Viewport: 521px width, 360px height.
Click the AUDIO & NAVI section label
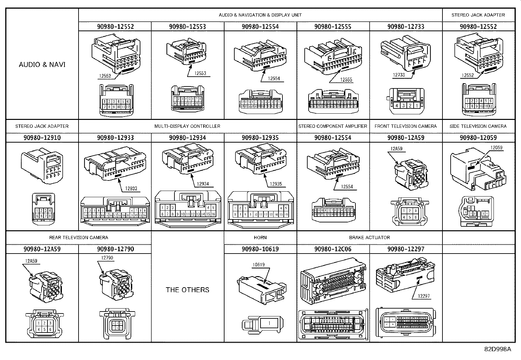[42, 65]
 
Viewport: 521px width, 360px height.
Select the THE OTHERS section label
[187, 290]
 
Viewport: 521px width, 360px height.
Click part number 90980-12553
[188, 27]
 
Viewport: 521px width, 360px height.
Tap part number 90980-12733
[405, 27]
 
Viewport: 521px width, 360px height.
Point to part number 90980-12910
[42, 138]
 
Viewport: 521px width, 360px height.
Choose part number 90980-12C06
[333, 249]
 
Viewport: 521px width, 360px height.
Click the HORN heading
[260, 237]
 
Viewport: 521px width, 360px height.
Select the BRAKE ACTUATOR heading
[369, 237]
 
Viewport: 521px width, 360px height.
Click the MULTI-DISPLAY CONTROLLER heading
[187, 126]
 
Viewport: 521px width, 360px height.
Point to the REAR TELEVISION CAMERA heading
[79, 237]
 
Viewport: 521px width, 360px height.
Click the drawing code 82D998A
[497, 349]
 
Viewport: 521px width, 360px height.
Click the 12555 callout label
[346, 80]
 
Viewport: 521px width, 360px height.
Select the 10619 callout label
[259, 265]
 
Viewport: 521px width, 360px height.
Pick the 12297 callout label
[424, 296]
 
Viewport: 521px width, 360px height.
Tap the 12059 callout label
[496, 148]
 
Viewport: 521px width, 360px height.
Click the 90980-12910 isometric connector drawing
[42, 165]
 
